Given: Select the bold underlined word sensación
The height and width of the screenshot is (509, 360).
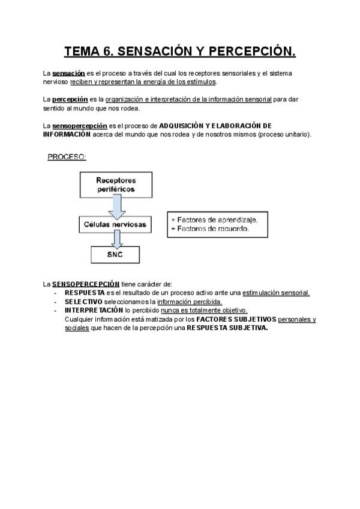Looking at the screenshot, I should click(x=68, y=74).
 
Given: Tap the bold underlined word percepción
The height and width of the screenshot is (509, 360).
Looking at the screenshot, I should click(x=70, y=99).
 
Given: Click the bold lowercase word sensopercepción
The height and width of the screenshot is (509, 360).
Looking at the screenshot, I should click(x=80, y=126).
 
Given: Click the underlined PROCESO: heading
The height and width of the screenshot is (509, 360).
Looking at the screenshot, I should click(x=67, y=157).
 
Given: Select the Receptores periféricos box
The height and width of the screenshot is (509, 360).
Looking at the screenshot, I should click(x=116, y=185).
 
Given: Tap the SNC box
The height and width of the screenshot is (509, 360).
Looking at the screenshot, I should click(x=116, y=255).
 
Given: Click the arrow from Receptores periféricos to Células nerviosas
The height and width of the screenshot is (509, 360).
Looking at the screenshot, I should click(x=116, y=207).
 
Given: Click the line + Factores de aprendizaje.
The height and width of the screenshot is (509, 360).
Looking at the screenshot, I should click(x=214, y=220).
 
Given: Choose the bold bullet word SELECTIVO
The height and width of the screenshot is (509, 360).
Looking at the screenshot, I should click(x=83, y=301).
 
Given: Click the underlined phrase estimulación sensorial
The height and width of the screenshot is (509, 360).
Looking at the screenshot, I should click(x=276, y=293).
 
